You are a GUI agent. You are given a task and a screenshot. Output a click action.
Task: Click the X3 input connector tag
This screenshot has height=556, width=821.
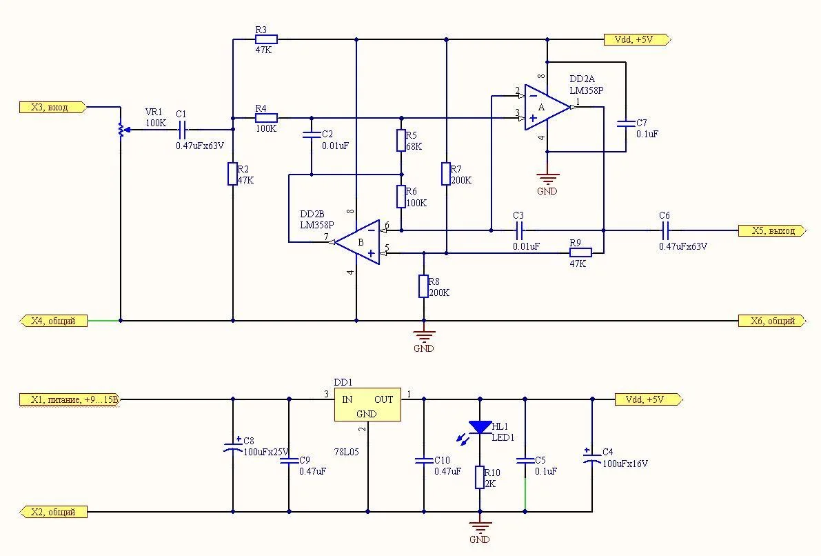pyautogui.click(x=52, y=107)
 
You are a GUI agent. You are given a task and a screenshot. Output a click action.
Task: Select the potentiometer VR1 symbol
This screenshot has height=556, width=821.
pyautogui.click(x=121, y=129)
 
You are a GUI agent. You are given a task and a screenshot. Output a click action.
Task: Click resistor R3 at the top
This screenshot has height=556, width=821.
pyautogui.click(x=265, y=39)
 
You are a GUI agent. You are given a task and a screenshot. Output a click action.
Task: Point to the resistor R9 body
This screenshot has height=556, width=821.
pyautogui.click(x=581, y=253)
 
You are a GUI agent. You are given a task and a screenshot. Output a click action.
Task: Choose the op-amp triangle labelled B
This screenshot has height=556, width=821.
pyautogui.click(x=358, y=242)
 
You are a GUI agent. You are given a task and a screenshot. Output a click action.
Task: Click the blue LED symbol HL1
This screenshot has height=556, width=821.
pyautogui.click(x=480, y=428)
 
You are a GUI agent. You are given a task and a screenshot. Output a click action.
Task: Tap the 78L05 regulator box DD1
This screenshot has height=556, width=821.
pyautogui.click(x=367, y=404)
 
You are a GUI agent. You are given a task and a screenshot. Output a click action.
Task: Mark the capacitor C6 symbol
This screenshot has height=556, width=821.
pyautogui.click(x=665, y=230)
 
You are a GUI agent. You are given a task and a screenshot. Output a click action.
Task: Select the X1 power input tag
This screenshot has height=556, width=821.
pyautogui.click(x=70, y=399)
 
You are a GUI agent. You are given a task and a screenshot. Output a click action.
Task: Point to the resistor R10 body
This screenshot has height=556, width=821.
pyautogui.click(x=480, y=477)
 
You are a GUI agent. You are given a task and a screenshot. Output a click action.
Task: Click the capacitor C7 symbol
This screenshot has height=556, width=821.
pyautogui.click(x=626, y=125)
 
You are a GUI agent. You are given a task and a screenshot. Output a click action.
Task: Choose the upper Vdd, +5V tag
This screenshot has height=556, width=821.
pyautogui.click(x=638, y=39)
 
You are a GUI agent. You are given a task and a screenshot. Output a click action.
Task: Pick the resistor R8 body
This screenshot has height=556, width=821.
pyautogui.click(x=423, y=286)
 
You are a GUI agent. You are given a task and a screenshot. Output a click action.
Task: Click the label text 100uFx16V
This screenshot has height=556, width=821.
pyautogui.click(x=625, y=464)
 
